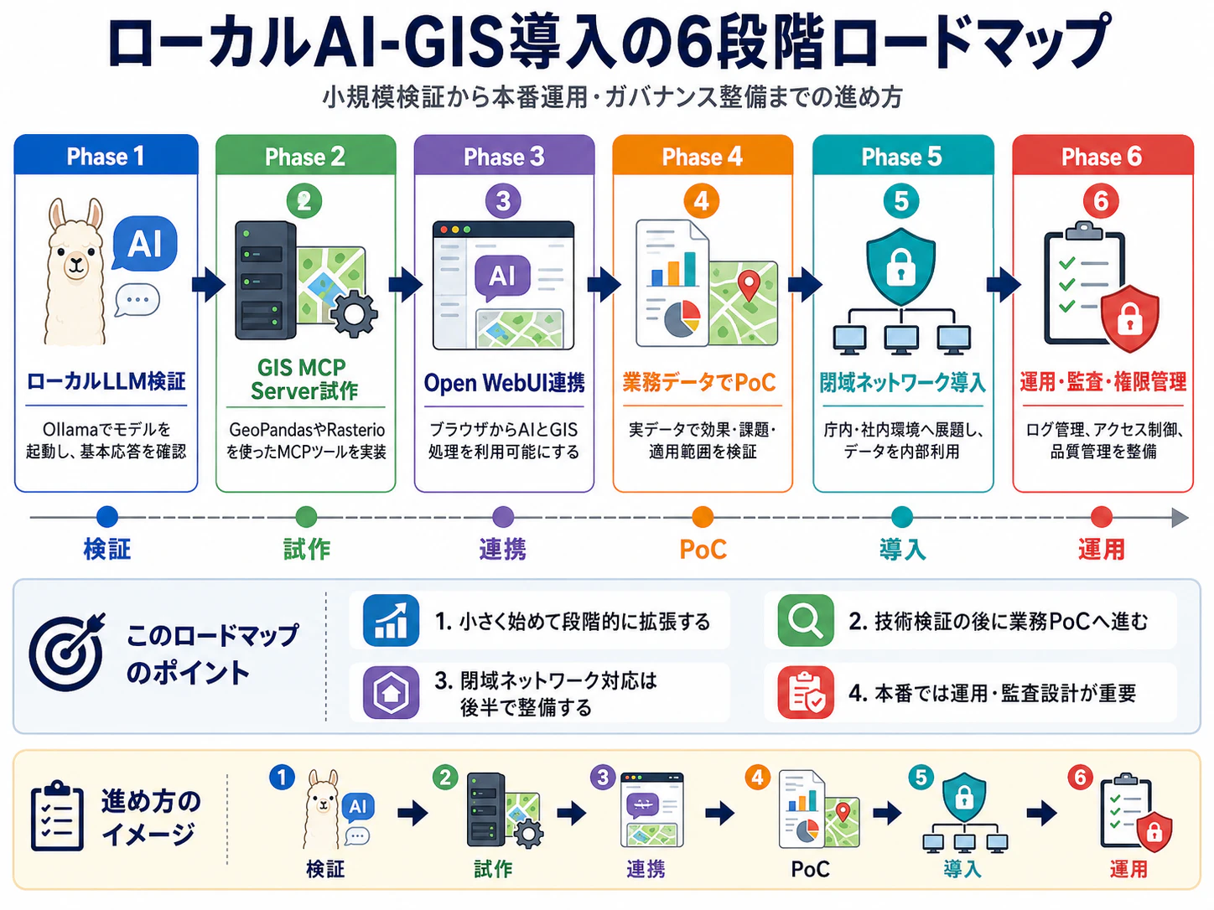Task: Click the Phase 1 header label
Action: [x=106, y=157]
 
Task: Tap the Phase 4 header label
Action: [x=703, y=157]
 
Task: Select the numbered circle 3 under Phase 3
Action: [x=503, y=201]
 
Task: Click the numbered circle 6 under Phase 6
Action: [x=1101, y=201]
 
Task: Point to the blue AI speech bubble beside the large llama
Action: [x=145, y=243]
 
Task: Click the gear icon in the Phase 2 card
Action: [x=354, y=313]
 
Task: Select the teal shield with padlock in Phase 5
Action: [x=901, y=266]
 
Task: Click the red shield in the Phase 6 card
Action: [x=1129, y=318]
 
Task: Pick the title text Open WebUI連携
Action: [x=504, y=382]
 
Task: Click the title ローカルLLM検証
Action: [x=106, y=381]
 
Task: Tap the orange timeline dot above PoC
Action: [x=703, y=517]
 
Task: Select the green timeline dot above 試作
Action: [x=306, y=517]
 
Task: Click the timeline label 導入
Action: [x=902, y=549]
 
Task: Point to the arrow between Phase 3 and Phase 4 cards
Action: [x=604, y=285]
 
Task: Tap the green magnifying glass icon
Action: [x=805, y=620]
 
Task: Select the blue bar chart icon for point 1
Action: [x=391, y=620]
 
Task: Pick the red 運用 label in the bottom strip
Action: [x=1128, y=869]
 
